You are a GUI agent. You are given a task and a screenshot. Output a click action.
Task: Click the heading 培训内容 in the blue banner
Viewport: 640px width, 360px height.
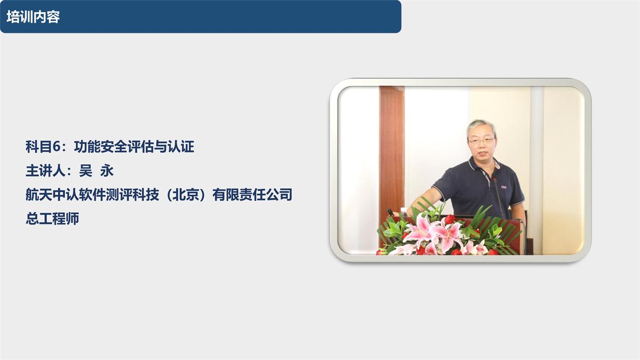(x=33, y=17)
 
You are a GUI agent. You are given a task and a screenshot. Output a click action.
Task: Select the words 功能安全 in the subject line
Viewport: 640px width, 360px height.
(x=100, y=147)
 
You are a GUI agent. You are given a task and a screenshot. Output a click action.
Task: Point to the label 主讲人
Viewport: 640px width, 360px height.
(x=45, y=171)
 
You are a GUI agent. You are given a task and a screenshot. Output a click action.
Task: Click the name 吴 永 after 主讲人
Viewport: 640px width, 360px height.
(x=97, y=171)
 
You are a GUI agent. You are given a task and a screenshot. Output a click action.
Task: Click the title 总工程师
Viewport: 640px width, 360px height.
(x=52, y=219)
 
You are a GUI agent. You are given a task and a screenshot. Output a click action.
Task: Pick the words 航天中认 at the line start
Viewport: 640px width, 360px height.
(x=52, y=195)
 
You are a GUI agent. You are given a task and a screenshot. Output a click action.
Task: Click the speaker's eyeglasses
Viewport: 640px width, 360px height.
(x=481, y=141)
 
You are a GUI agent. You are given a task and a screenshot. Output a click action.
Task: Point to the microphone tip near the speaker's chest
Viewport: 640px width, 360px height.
(x=494, y=179)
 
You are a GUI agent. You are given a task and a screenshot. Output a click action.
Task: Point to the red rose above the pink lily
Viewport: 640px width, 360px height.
(x=450, y=219)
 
